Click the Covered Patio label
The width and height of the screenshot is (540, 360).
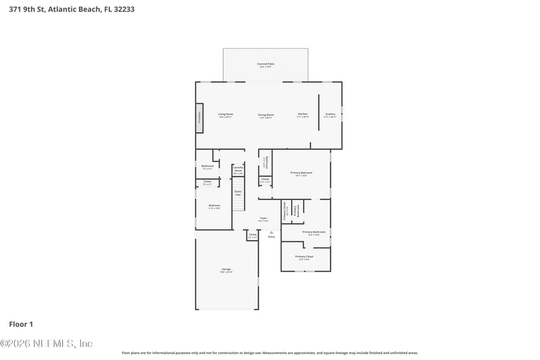coord(265,64)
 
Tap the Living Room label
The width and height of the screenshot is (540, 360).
coord(225,115)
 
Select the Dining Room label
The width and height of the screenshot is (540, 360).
coord(266,115)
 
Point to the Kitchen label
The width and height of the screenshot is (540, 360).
coord(303,115)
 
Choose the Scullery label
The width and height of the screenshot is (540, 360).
coord(330,115)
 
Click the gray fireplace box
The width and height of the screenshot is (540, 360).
coord(199,118)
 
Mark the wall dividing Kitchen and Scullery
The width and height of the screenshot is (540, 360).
coord(319,111)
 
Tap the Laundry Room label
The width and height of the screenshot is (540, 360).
coord(238,170)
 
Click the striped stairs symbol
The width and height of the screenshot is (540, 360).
coord(238,199)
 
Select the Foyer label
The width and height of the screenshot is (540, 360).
coord(263,218)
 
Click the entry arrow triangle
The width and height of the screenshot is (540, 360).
coord(271,232)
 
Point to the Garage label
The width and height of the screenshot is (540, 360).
coord(226,269)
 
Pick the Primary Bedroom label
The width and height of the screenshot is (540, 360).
coord(300,174)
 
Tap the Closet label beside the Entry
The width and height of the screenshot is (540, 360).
coord(252,235)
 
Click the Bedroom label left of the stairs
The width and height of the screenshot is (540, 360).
coord(214,205)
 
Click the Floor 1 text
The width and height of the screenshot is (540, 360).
coord(21,324)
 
